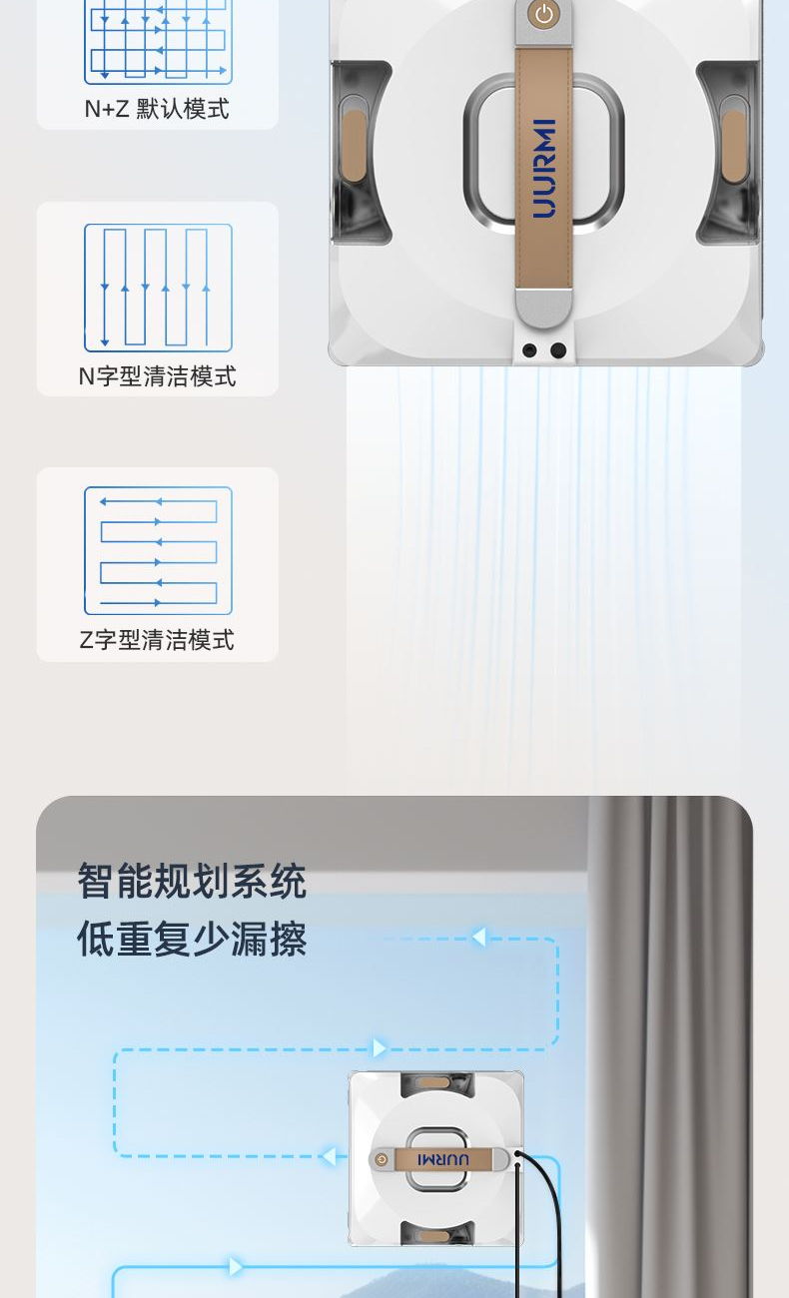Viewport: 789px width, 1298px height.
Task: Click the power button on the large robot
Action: coord(543,14)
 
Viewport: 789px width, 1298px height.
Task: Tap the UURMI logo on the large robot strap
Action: coord(544,169)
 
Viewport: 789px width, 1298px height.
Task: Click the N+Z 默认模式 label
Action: coord(157,109)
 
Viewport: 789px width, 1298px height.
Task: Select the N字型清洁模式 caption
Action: coord(157,376)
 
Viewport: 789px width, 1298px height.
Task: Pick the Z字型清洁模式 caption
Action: coord(157,640)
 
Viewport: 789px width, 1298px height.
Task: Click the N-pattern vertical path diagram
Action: coord(158,288)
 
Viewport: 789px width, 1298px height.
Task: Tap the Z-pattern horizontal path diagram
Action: coord(158,550)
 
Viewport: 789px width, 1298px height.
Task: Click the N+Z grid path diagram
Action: coord(158,41)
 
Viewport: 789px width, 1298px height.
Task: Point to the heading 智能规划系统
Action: coord(192,881)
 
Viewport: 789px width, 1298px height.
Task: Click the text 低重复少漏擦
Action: coord(192,939)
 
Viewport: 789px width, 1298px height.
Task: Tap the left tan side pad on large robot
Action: coord(355,146)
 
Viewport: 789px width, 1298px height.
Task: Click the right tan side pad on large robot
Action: coord(733,146)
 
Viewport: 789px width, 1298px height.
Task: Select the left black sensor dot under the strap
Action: coord(529,350)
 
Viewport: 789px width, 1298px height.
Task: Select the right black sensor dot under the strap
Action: coord(557,350)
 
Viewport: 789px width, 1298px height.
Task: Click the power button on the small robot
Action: coord(382,1159)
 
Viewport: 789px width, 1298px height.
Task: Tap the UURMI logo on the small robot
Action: coord(442,1159)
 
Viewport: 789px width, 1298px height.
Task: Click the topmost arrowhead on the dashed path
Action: coord(478,937)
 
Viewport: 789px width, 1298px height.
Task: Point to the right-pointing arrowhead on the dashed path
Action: coord(380,1047)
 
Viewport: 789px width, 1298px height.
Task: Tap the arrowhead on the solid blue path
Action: coord(236,1267)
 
